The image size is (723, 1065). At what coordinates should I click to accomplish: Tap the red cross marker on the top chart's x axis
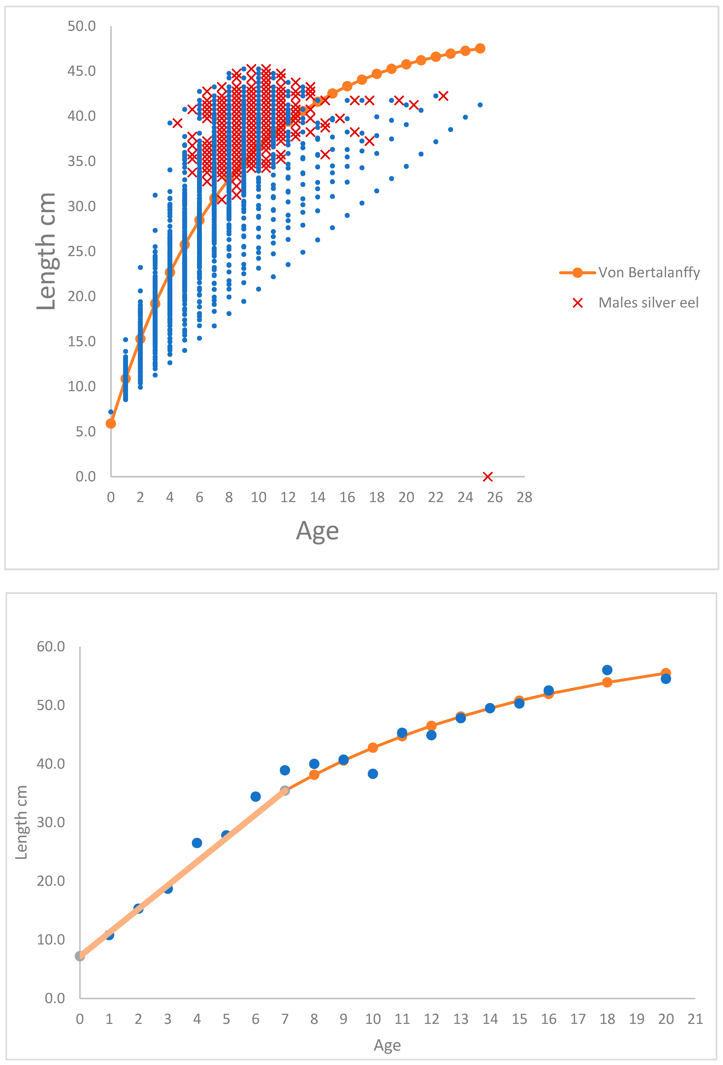point(487,477)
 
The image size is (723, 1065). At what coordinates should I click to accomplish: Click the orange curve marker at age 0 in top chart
point(111,424)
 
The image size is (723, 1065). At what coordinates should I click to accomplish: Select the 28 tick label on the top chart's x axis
point(524,497)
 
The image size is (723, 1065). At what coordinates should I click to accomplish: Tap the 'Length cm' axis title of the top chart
point(46,251)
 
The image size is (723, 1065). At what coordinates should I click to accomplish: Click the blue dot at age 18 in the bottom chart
point(607,670)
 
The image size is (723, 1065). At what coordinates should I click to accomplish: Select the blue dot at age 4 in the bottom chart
point(197,843)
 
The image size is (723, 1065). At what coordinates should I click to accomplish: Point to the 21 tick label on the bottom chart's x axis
point(695,1019)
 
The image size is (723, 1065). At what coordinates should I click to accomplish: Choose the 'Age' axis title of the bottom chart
point(387,1045)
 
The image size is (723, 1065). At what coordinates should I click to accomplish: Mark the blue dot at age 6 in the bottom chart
point(256,797)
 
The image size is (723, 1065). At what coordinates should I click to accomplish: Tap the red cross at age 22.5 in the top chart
point(443,96)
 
